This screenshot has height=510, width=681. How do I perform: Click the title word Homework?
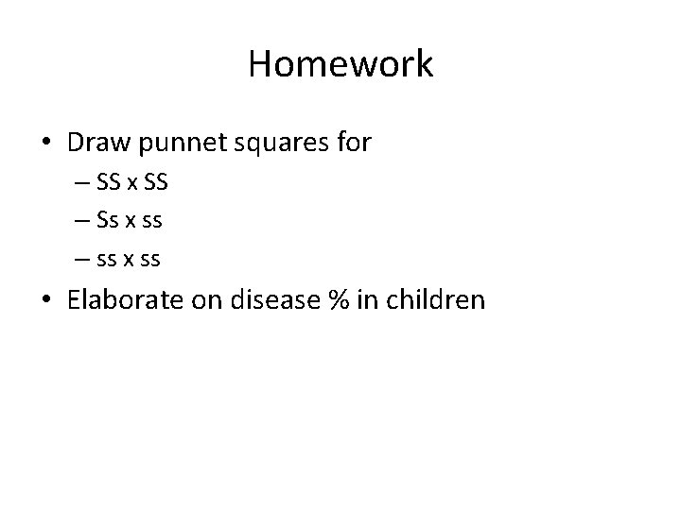click(340, 64)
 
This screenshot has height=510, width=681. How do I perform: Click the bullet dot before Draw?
click(46, 144)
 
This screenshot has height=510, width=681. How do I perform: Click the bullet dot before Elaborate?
click(46, 300)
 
